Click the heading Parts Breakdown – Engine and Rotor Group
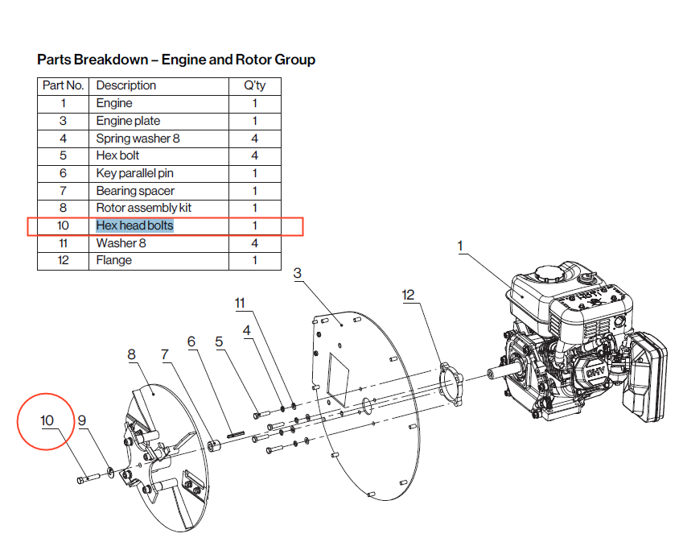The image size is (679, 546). [176, 60]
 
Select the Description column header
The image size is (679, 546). [126, 85]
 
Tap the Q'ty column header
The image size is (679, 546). [254, 85]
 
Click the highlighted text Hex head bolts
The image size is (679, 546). [134, 225]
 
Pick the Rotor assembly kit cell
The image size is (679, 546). [143, 208]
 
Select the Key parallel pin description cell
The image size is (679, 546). [134, 173]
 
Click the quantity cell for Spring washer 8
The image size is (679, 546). [254, 138]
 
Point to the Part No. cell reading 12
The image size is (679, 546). [63, 260]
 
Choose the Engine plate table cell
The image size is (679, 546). [128, 121]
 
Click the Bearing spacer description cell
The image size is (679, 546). [135, 191]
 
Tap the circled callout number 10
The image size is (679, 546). [47, 420]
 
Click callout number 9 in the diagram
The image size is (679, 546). [81, 420]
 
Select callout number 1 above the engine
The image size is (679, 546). [462, 245]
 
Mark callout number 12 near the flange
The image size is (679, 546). [408, 295]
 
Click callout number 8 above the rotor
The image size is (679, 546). [132, 354]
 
